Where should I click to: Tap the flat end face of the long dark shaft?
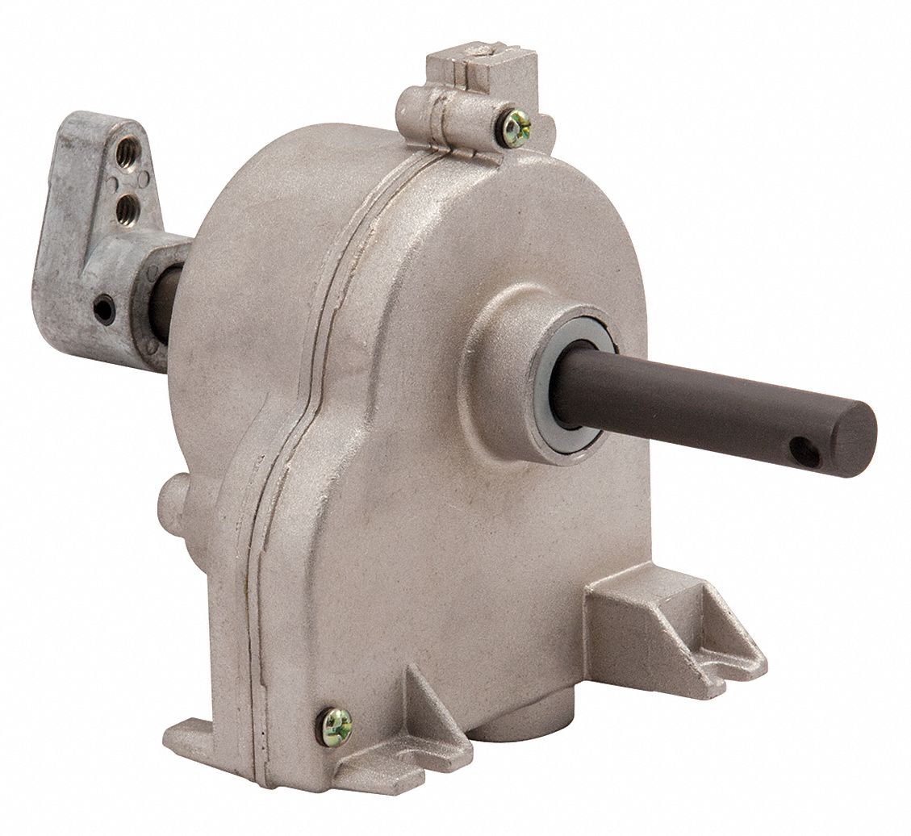[860, 436]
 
